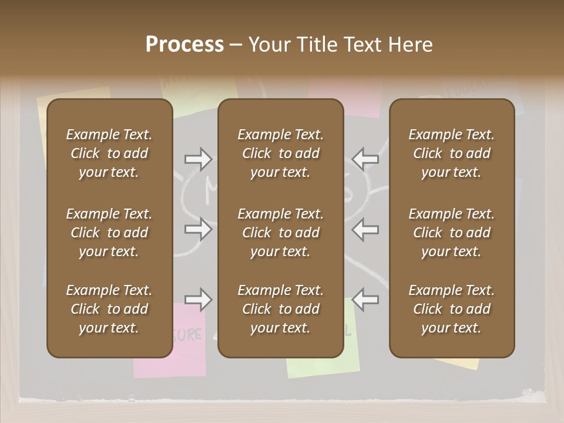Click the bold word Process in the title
[184, 45]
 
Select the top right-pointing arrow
[198, 159]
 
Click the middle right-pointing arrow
[198, 229]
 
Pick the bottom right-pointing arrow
[198, 300]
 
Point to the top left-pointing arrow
[365, 159]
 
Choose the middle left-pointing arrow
[365, 229]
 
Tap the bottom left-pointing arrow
[365, 300]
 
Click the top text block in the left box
[109, 153]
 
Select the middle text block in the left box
[109, 233]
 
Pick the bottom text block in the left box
[109, 309]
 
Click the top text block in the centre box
[280, 153]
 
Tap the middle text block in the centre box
[280, 233]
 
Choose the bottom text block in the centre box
[280, 309]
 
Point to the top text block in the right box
[452, 153]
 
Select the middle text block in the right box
[452, 233]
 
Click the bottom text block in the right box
[452, 309]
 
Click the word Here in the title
[411, 45]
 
